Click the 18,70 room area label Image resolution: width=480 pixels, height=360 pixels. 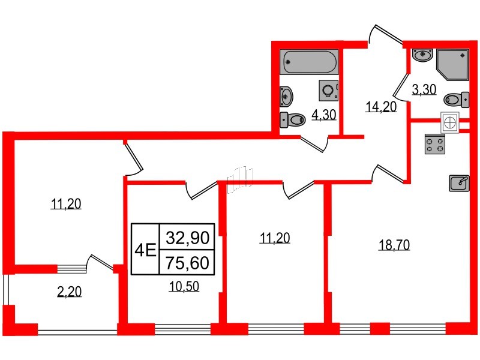click(x=394, y=245)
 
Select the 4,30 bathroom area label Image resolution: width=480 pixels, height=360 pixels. click(x=325, y=115)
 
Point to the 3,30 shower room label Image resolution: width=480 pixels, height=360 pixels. click(x=424, y=90)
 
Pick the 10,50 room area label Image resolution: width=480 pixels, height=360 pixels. click(x=184, y=286)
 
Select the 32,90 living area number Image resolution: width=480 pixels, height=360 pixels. click(x=187, y=238)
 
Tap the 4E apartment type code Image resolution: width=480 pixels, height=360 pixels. click(x=145, y=250)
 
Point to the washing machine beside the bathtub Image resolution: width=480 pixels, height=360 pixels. click(x=328, y=90)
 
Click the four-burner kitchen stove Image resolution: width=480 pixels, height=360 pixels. click(x=435, y=145)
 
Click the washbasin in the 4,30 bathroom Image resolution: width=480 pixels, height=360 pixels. click(x=287, y=95)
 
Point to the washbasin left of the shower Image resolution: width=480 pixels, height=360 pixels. click(x=423, y=56)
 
